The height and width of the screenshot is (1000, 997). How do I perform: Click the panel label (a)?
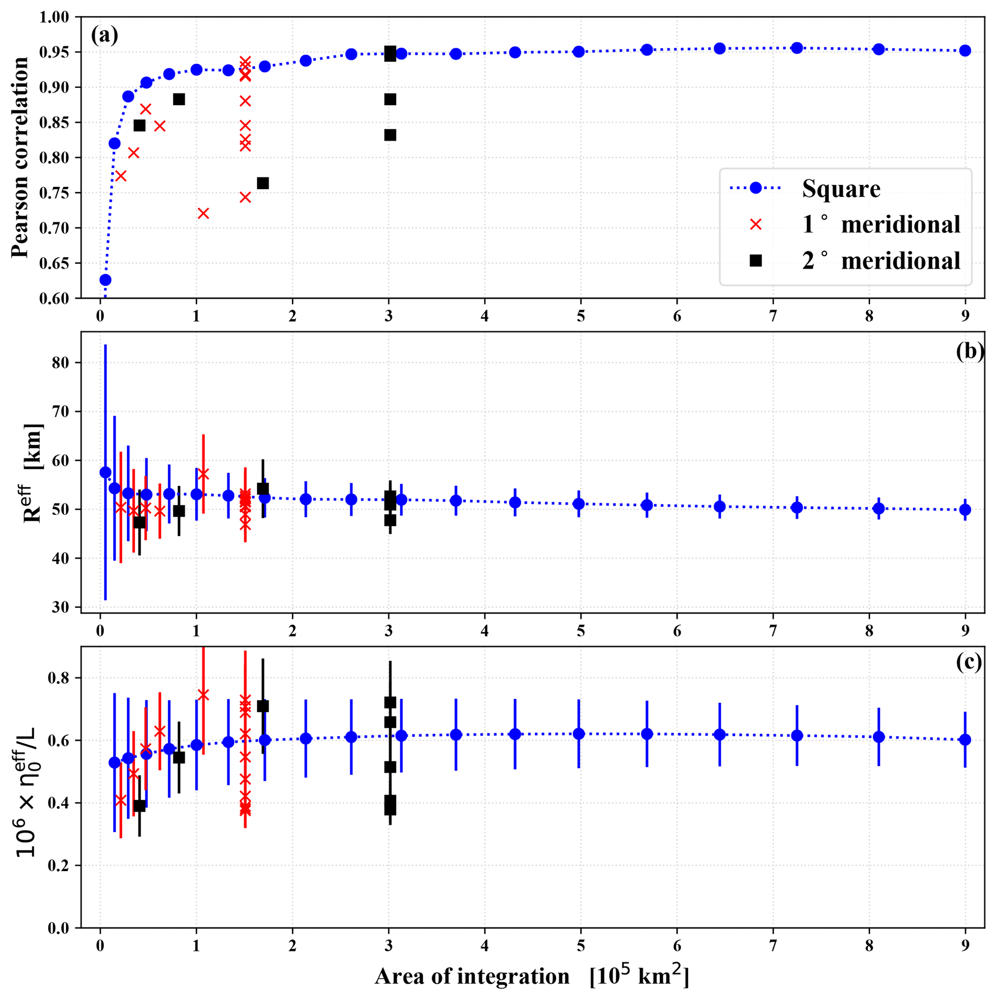pyautogui.click(x=104, y=35)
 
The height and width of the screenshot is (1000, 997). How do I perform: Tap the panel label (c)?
pyautogui.click(x=970, y=663)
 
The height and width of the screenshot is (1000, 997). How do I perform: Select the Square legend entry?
pyautogui.click(x=841, y=188)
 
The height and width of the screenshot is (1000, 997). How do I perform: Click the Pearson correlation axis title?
pyautogui.click(x=21, y=157)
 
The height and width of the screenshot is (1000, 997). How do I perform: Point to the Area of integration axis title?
pyautogui.click(x=532, y=976)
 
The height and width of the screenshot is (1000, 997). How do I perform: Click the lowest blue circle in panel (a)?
pyautogui.click(x=105, y=280)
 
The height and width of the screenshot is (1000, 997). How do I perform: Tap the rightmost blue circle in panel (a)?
pyautogui.click(x=965, y=51)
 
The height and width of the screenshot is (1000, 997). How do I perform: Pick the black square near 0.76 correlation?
pyautogui.click(x=263, y=183)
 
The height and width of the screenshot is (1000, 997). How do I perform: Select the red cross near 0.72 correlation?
pyautogui.click(x=204, y=213)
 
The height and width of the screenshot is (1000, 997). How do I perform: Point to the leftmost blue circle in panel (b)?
pyautogui.click(x=105, y=472)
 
